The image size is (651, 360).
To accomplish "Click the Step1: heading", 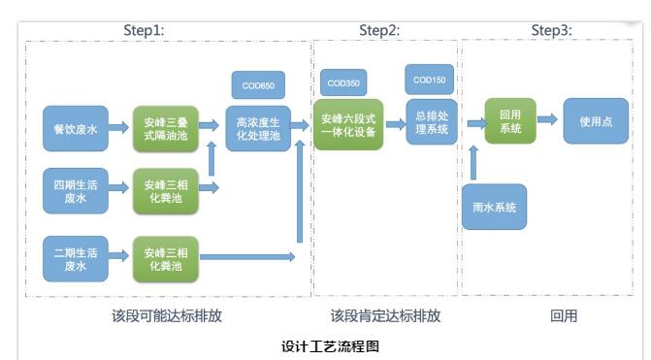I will (143, 30).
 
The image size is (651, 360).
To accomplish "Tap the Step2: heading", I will (379, 30).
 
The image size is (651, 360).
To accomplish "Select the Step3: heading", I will (551, 30).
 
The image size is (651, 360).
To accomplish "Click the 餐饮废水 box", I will (75, 128).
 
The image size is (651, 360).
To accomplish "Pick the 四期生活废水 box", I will (75, 190).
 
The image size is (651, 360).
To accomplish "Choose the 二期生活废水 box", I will (75, 258).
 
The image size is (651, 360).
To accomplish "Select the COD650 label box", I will (258, 86).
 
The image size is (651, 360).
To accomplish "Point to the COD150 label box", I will (430, 80).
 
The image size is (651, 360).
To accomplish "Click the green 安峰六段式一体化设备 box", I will (348, 125).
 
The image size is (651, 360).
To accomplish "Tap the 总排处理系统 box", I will (431, 121).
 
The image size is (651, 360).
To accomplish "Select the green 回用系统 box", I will (510, 121).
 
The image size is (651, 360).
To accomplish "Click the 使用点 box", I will (596, 121).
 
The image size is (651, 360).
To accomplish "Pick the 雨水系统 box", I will (494, 207).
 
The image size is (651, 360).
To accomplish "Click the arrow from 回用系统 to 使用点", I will (547, 119).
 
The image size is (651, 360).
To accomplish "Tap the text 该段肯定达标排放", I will (385, 315).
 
